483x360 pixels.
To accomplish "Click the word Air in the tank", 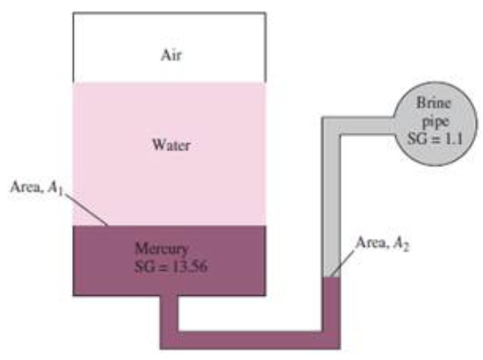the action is click(171, 55).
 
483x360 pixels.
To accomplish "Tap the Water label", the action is click(171, 145).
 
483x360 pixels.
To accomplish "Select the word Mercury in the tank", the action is click(162, 249).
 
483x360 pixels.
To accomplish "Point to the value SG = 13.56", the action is click(171, 266).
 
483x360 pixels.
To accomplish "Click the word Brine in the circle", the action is click(434, 103).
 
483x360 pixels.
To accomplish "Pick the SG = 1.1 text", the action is click(435, 139).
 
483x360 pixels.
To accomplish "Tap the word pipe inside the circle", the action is click(435, 122).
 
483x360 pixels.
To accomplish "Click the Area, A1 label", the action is click(37, 188).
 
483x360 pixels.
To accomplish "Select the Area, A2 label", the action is click(382, 243).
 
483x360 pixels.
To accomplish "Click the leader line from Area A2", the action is click(342, 263).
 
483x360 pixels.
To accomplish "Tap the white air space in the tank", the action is click(169, 47).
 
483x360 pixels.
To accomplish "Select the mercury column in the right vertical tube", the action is click(331, 304).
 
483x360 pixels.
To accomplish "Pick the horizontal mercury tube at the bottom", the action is click(250, 341).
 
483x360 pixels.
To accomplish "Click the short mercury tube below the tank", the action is click(169, 313).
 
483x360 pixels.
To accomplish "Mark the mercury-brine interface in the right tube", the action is click(331, 277).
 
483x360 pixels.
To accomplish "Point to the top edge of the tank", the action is click(169, 13).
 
